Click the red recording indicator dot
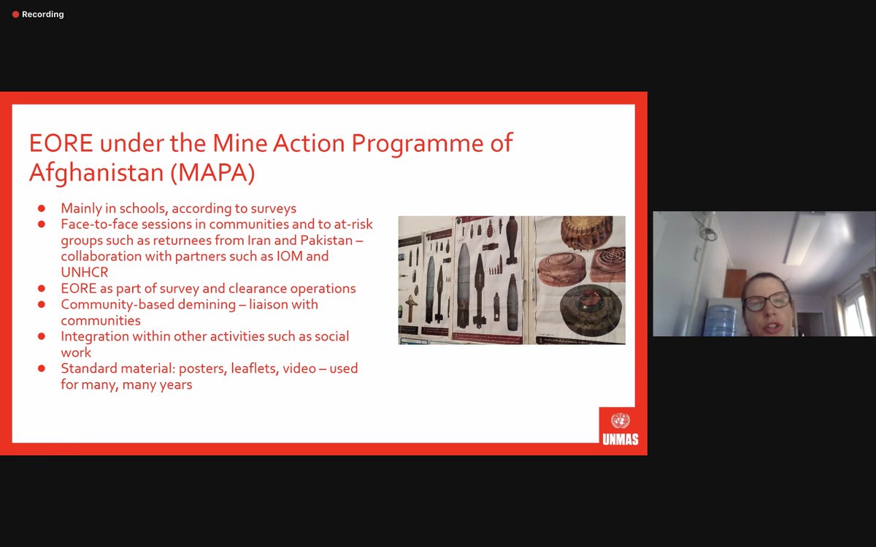15,15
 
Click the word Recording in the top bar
42,15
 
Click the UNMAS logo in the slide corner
618,427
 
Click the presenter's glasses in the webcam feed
766,300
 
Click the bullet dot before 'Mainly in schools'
42,209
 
